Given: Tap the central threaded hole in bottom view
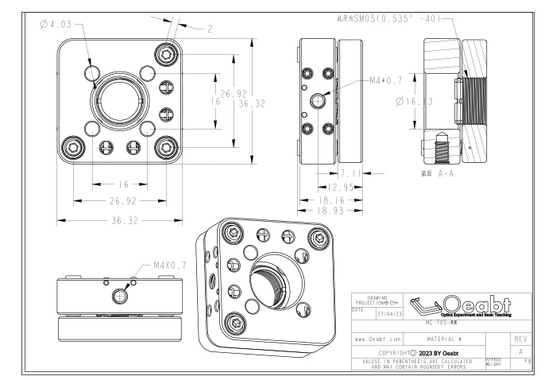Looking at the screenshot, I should (120, 296).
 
